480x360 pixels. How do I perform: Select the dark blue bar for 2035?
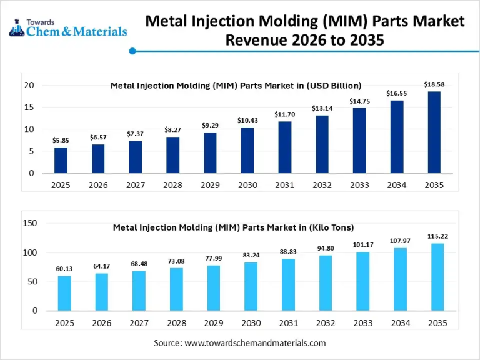point(434,132)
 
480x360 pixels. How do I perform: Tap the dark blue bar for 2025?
point(61,160)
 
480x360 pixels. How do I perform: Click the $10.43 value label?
point(247,120)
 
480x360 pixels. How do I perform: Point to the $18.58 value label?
point(434,84)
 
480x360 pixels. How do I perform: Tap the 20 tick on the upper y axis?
point(29,85)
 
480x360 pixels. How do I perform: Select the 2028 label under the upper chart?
point(172,185)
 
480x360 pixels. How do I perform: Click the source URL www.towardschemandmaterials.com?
point(255,343)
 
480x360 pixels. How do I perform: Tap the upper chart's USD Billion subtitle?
point(236,86)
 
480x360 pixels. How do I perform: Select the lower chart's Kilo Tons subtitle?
point(233,227)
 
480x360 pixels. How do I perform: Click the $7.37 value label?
point(135,134)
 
